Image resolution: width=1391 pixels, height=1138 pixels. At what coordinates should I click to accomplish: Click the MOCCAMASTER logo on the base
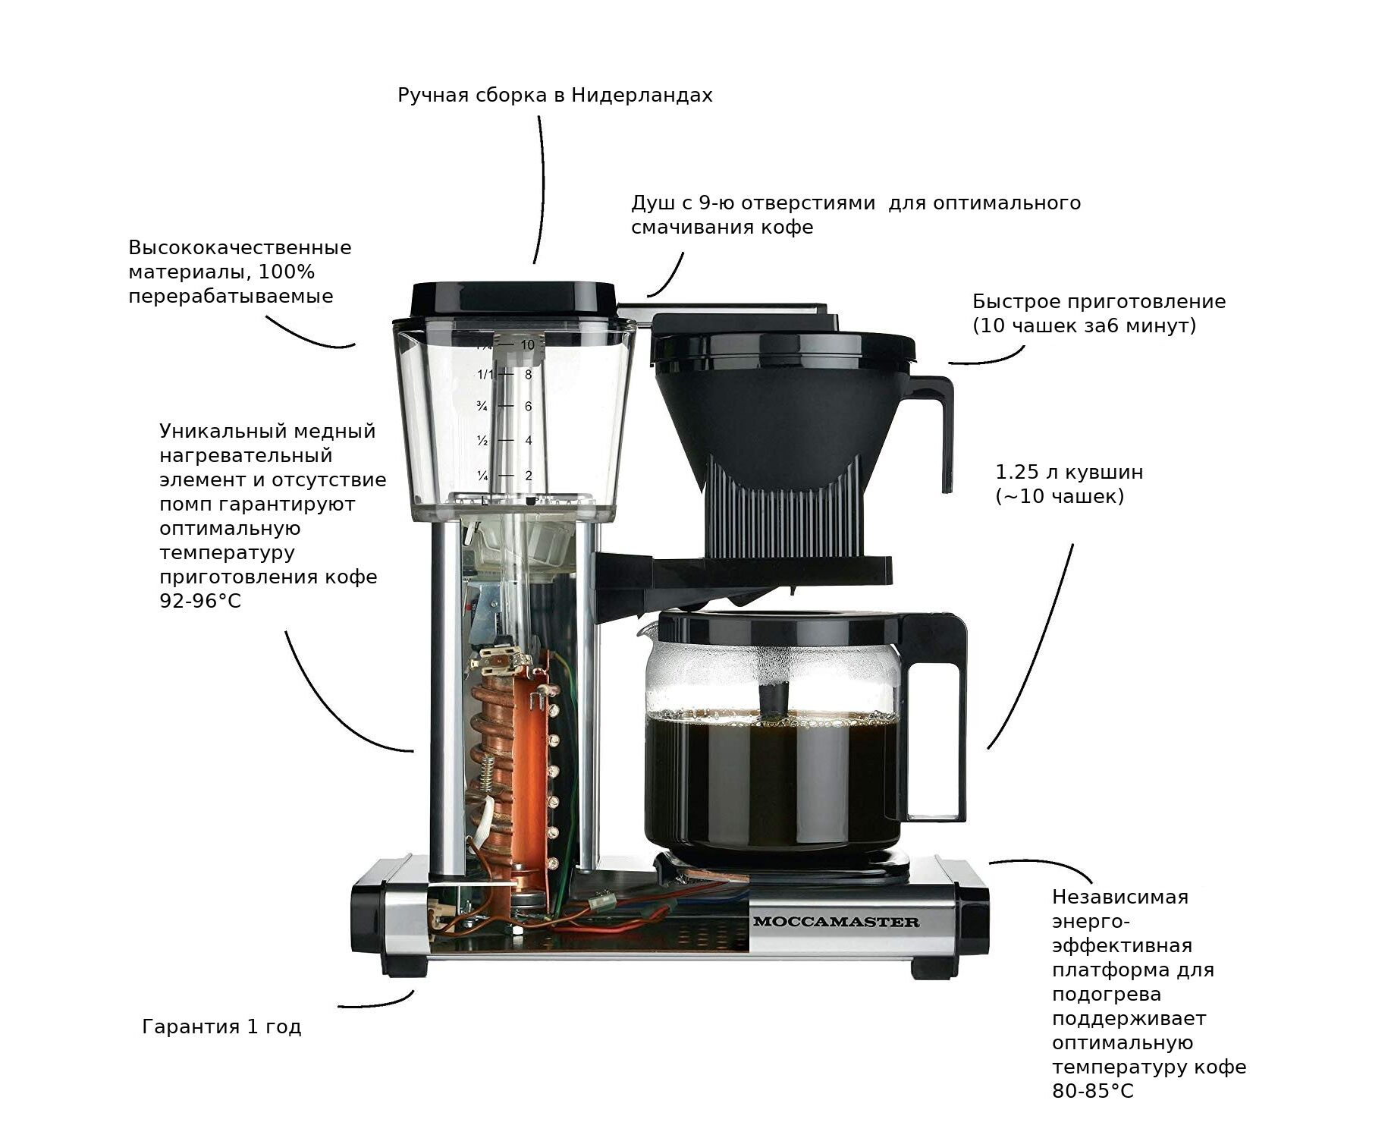click(836, 922)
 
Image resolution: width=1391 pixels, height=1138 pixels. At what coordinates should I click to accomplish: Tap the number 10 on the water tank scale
click(527, 344)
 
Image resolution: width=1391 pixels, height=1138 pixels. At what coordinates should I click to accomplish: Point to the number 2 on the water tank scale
click(529, 476)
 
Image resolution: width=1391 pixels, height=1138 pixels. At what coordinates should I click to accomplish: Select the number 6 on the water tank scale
click(529, 407)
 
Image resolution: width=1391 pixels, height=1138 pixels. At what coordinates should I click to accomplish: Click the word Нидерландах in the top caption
click(642, 96)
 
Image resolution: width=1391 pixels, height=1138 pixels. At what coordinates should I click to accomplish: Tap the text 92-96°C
click(200, 602)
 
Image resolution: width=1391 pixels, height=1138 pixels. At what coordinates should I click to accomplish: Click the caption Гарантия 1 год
click(221, 1027)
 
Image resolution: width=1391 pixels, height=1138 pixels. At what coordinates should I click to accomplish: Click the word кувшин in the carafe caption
click(1105, 473)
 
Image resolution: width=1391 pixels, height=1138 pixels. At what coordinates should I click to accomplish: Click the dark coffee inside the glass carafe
click(770, 781)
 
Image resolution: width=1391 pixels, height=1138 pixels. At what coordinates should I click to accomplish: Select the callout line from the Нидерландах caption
click(544, 190)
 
